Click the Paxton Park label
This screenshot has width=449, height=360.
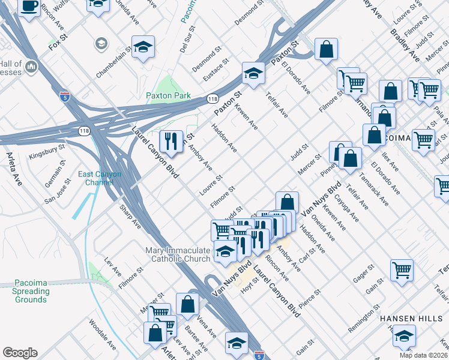(x=168, y=95)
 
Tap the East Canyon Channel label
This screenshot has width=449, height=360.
(x=100, y=178)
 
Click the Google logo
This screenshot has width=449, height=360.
(x=20, y=352)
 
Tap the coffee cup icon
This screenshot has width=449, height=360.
(x=29, y=7)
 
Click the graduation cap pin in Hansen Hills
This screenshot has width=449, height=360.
(x=404, y=336)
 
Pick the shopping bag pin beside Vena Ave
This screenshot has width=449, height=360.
(x=187, y=304)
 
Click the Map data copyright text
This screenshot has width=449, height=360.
(x=424, y=355)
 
